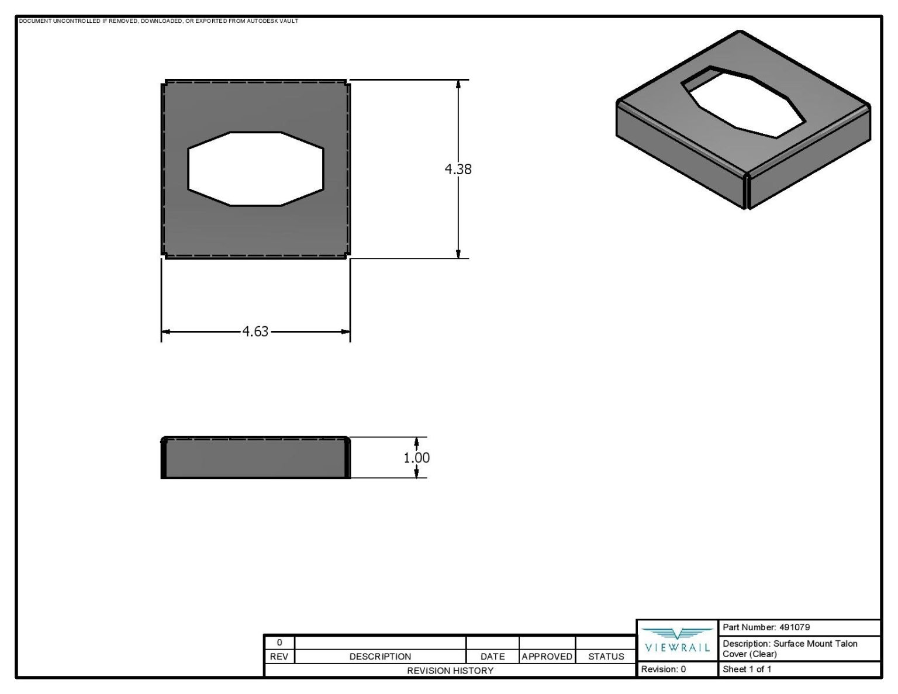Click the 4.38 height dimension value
pos(458,169)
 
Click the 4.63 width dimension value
pos(255,332)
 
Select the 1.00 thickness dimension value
pos(416,458)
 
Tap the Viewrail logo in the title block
pos(676,641)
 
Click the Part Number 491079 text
pos(766,627)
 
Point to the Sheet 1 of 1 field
pos(747,669)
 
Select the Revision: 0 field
pos(664,669)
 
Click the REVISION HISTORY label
pos(450,671)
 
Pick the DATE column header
pos(492,657)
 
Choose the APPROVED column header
pos(547,657)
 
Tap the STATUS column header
pos(606,657)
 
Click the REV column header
pos(279,657)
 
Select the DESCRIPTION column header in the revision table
pos(380,657)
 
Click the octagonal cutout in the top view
pos(255,169)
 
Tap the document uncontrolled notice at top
pos(158,21)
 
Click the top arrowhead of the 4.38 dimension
pos(458,84)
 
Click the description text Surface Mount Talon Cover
pos(789,648)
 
